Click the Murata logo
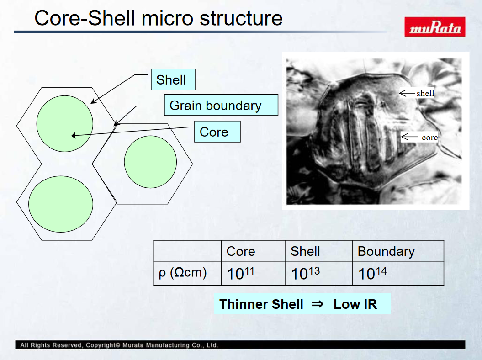point(434,27)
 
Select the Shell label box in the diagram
point(173,79)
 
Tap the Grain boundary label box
point(221,105)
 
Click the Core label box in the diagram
point(217,132)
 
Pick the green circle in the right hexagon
point(150,162)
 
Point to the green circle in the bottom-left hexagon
point(61,204)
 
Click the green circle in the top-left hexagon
point(64,124)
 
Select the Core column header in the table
point(241,251)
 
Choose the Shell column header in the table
point(305,251)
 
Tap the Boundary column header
point(386,251)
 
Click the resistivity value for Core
point(240,273)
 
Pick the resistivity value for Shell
point(305,273)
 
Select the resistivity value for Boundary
point(372,273)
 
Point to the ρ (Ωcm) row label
point(183,273)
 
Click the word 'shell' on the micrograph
point(425,93)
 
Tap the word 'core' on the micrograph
point(430,138)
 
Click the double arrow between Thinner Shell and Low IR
point(318,304)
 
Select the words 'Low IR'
point(355,304)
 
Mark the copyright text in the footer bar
point(119,345)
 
